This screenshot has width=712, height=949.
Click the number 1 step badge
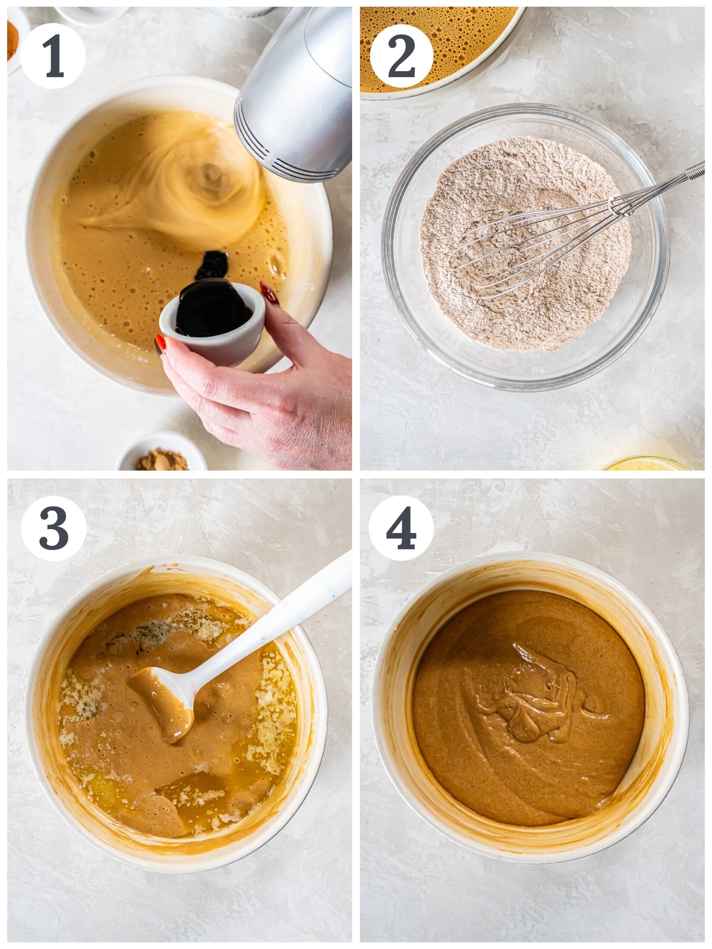(53, 56)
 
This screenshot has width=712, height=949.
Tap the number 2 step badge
(401, 56)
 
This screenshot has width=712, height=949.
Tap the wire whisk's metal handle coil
(695, 170)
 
